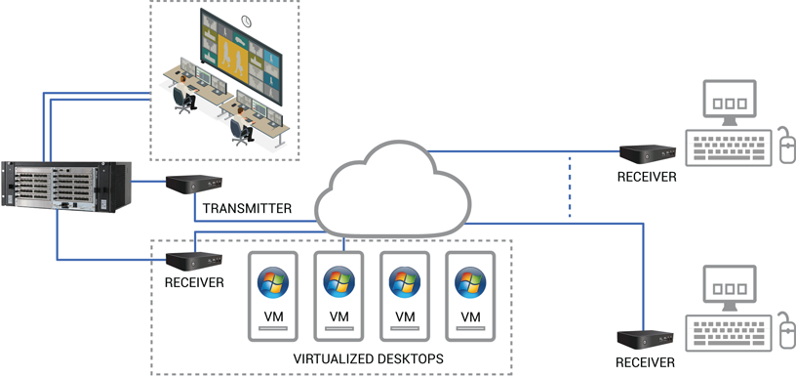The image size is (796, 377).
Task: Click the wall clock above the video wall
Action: coord(247,21)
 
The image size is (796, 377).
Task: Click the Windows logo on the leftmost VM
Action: coord(273,282)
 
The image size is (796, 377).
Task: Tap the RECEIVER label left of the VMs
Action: coord(194,283)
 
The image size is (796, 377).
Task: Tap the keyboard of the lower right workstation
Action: coord(728,333)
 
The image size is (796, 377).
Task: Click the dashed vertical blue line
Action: coord(570,186)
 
